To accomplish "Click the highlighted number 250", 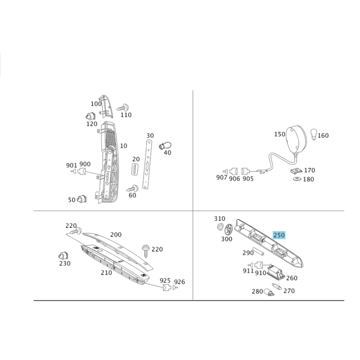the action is tap(279, 235).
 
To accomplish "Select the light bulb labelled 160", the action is tap(314, 134).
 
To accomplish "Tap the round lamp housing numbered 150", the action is tap(296, 140).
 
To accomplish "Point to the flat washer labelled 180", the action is tap(297, 179).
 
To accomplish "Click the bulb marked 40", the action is tap(165, 146).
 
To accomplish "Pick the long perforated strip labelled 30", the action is tap(148, 164).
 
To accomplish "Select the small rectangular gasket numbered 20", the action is tap(135, 170).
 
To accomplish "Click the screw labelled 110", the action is tap(123, 107).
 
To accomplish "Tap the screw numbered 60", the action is tap(132, 188).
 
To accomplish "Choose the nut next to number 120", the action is tap(90, 116).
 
